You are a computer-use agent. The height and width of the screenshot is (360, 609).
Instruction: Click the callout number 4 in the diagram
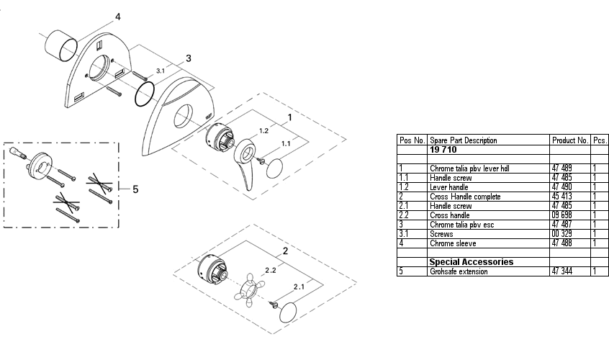118,16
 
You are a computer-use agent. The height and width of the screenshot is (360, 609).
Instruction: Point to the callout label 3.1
161,71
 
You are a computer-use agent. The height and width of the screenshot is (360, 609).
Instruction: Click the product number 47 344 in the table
561,271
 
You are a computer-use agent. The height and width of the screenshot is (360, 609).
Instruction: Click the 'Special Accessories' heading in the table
471,262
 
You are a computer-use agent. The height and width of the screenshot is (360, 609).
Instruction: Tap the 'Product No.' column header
570,140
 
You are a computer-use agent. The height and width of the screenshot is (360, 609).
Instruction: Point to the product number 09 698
561,215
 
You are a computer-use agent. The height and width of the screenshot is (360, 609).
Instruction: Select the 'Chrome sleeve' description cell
451,243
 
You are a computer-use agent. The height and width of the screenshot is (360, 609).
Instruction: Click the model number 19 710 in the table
445,149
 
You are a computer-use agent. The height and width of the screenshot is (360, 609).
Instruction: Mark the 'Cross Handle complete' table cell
464,197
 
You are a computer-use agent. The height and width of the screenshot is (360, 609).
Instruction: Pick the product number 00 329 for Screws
561,234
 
